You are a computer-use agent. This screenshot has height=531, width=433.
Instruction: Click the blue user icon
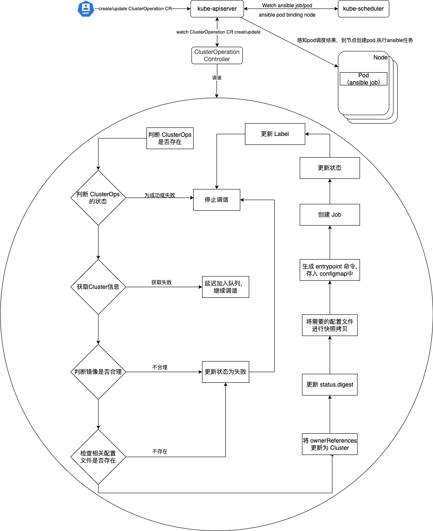(x=86, y=9)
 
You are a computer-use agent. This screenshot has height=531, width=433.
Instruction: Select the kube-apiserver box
(x=217, y=9)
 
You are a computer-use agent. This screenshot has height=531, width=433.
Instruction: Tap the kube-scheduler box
(x=363, y=9)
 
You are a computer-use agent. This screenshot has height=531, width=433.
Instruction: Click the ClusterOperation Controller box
(x=217, y=56)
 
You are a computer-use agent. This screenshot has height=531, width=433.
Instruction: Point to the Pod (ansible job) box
(x=363, y=79)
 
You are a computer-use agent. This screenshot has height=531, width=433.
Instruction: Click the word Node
(x=380, y=57)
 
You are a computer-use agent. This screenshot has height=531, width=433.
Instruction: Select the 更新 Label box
(x=275, y=134)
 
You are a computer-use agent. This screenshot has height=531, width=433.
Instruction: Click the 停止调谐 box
(x=216, y=200)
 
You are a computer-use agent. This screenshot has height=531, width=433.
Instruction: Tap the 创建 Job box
(x=330, y=215)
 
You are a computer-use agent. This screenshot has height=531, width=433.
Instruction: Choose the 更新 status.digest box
(x=330, y=385)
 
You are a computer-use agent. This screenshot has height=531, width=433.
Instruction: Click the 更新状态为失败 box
(x=225, y=372)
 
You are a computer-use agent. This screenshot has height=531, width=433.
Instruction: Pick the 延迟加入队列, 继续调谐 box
(x=225, y=287)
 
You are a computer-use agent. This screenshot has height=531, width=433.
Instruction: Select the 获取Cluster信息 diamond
(x=98, y=287)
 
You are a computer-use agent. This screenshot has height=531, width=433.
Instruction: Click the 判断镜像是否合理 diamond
(x=98, y=372)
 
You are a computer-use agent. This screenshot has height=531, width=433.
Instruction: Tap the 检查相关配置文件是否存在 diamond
(x=98, y=457)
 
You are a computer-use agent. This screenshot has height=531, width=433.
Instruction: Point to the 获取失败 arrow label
(x=161, y=282)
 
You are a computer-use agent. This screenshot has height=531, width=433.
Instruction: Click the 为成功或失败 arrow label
(x=160, y=195)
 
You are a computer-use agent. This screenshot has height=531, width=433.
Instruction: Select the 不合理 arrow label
(x=160, y=367)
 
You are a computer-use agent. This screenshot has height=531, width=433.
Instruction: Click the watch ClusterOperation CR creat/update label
(x=218, y=32)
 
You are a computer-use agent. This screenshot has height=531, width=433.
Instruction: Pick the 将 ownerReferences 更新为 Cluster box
(x=330, y=444)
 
